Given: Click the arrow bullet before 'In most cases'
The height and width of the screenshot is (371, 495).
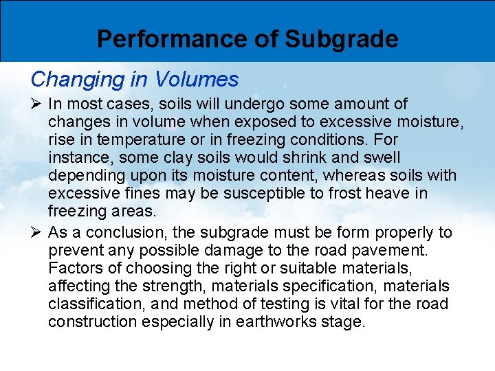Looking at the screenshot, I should pos(37,104).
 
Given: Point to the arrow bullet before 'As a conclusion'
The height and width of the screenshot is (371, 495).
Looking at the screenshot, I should pos(37,233).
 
